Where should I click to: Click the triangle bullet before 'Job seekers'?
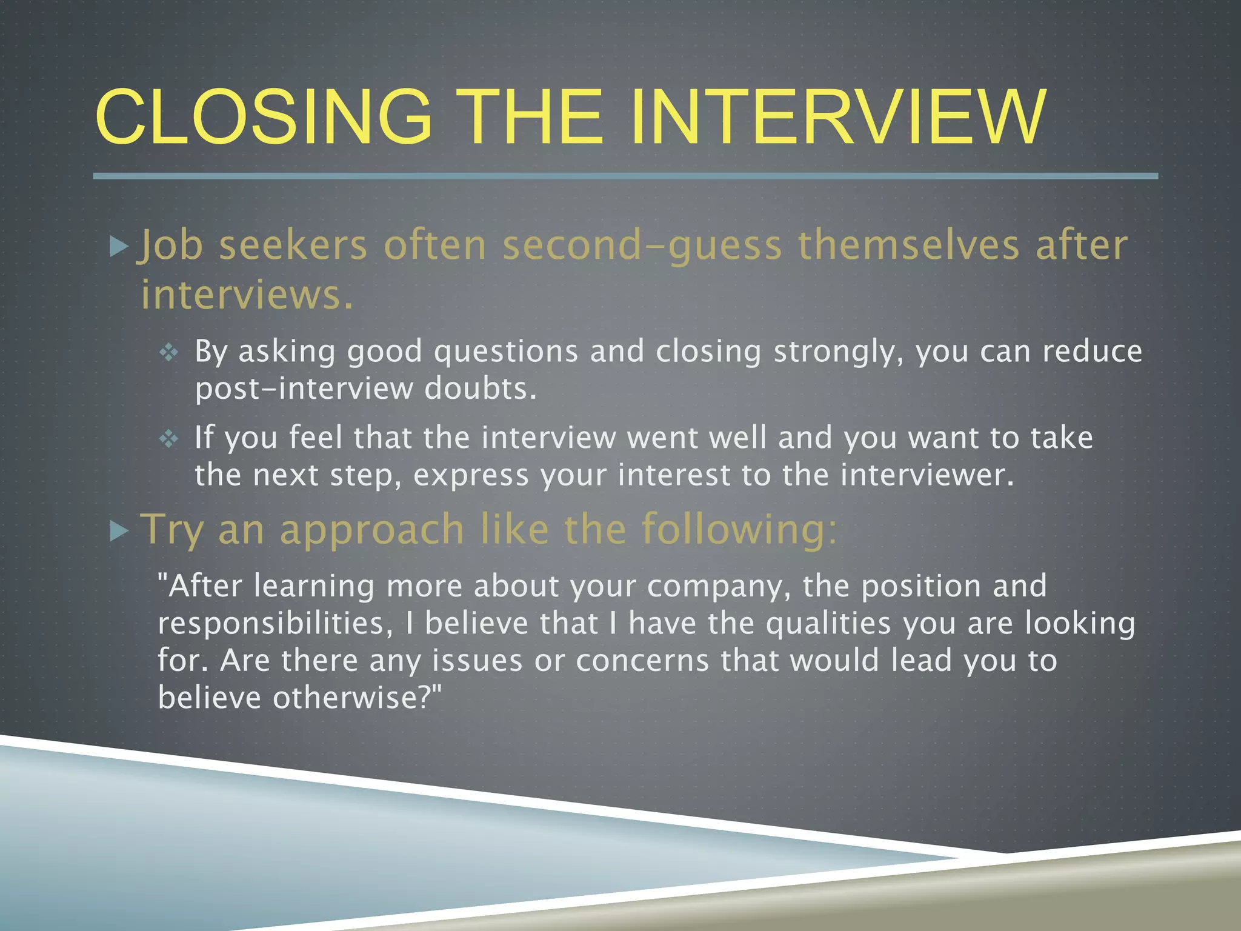119,247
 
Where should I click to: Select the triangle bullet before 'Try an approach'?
119,532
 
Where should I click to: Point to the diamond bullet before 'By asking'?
168,352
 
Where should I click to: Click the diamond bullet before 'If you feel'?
168,438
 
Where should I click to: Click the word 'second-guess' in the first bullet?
642,245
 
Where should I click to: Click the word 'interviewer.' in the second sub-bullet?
927,475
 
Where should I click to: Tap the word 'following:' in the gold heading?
740,529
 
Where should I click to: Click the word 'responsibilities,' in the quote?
276,624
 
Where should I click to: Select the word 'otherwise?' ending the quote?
358,698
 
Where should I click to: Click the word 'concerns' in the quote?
642,661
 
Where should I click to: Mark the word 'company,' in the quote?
719,587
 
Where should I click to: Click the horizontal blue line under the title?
624,176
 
